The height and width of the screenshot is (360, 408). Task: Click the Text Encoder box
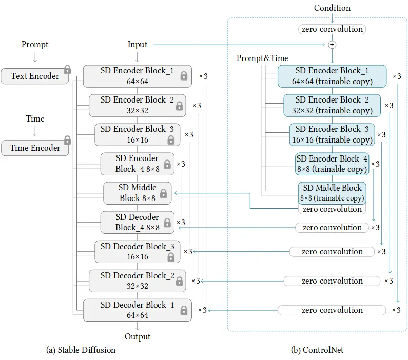[34, 76]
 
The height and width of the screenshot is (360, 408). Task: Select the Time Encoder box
[35, 148]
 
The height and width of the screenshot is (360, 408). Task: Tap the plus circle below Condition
[332, 45]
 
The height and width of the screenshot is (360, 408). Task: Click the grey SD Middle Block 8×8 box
[138, 193]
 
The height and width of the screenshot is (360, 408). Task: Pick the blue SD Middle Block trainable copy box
[332, 193]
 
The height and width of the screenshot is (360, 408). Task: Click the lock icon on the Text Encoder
[67, 69]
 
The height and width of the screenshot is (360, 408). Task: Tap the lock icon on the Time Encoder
[67, 140]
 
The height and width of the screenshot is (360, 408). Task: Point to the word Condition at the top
[332, 8]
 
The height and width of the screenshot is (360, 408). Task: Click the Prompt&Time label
[262, 58]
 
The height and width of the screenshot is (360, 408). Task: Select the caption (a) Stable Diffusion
[81, 350]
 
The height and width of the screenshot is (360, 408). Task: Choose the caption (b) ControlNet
[317, 350]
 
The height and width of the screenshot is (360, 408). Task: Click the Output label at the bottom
[138, 336]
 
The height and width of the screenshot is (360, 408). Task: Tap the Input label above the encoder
[138, 45]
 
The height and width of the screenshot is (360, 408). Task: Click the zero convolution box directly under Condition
[332, 29]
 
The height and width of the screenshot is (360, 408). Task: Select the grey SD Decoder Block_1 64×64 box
[138, 310]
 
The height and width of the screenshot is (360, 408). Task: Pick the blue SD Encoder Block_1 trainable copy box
[332, 76]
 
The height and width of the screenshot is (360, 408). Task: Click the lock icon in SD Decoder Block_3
[171, 257]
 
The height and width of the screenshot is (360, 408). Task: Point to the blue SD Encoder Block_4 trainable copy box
[332, 164]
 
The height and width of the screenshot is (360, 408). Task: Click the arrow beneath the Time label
[35, 131]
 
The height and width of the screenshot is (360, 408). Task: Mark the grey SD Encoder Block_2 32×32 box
[138, 105]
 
